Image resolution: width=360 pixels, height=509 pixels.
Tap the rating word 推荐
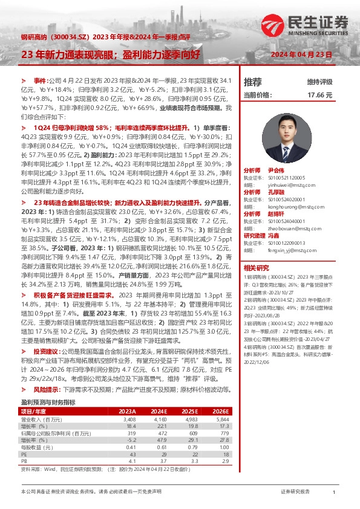[253, 82]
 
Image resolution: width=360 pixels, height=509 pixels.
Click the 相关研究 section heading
[255, 268]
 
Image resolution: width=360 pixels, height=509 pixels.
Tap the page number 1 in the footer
[334, 493]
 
